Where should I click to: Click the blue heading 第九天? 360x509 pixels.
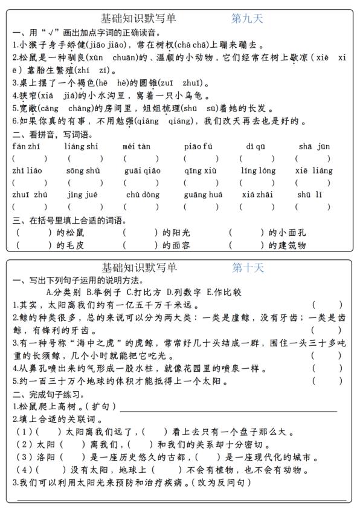pyautogui.click(x=248, y=19)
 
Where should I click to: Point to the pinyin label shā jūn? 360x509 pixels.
pyautogui.click(x=314, y=146)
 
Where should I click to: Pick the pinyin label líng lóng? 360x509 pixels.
pyautogui.click(x=258, y=170)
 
